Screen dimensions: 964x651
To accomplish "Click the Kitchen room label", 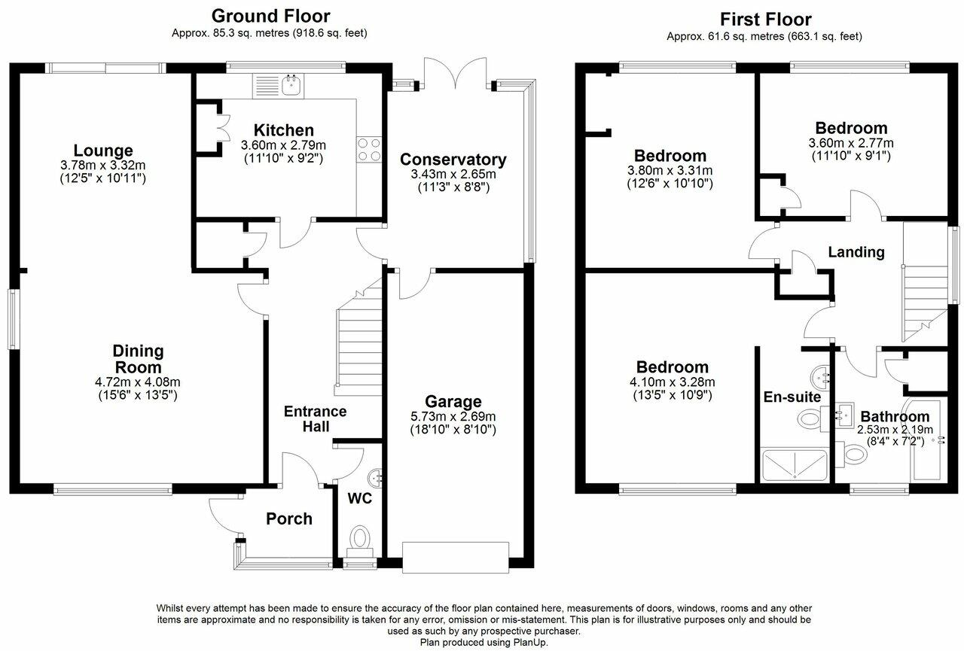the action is pyautogui.click(x=284, y=130).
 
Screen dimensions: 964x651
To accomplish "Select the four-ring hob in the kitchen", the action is pyautogui.click(x=369, y=149).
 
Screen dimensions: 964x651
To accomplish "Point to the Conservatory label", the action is pyautogui.click(x=453, y=159).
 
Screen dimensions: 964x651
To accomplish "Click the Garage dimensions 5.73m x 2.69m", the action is pyautogui.click(x=453, y=416).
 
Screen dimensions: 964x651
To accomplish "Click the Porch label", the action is pyautogui.click(x=288, y=519).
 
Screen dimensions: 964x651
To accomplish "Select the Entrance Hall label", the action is pyautogui.click(x=316, y=418).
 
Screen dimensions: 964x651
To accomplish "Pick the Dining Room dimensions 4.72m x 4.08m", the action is pyautogui.click(x=137, y=382).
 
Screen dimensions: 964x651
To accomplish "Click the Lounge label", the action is pyautogui.click(x=103, y=151).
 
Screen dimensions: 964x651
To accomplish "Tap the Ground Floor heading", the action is pyautogui.click(x=270, y=16).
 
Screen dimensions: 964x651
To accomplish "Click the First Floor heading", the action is pyautogui.click(x=766, y=20).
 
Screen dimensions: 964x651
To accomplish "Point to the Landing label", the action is pyautogui.click(x=856, y=252).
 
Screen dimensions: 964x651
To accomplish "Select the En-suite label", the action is pyautogui.click(x=792, y=397).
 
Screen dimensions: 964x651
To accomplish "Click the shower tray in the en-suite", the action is pyautogui.click(x=795, y=464).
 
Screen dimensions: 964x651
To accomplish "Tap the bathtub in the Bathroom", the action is pyautogui.click(x=926, y=440).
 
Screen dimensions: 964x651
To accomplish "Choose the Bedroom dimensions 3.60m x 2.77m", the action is pyautogui.click(x=851, y=143).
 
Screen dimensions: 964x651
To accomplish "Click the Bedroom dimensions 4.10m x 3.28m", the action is pyautogui.click(x=673, y=382).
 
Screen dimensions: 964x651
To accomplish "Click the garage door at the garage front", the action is pyautogui.click(x=456, y=557).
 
